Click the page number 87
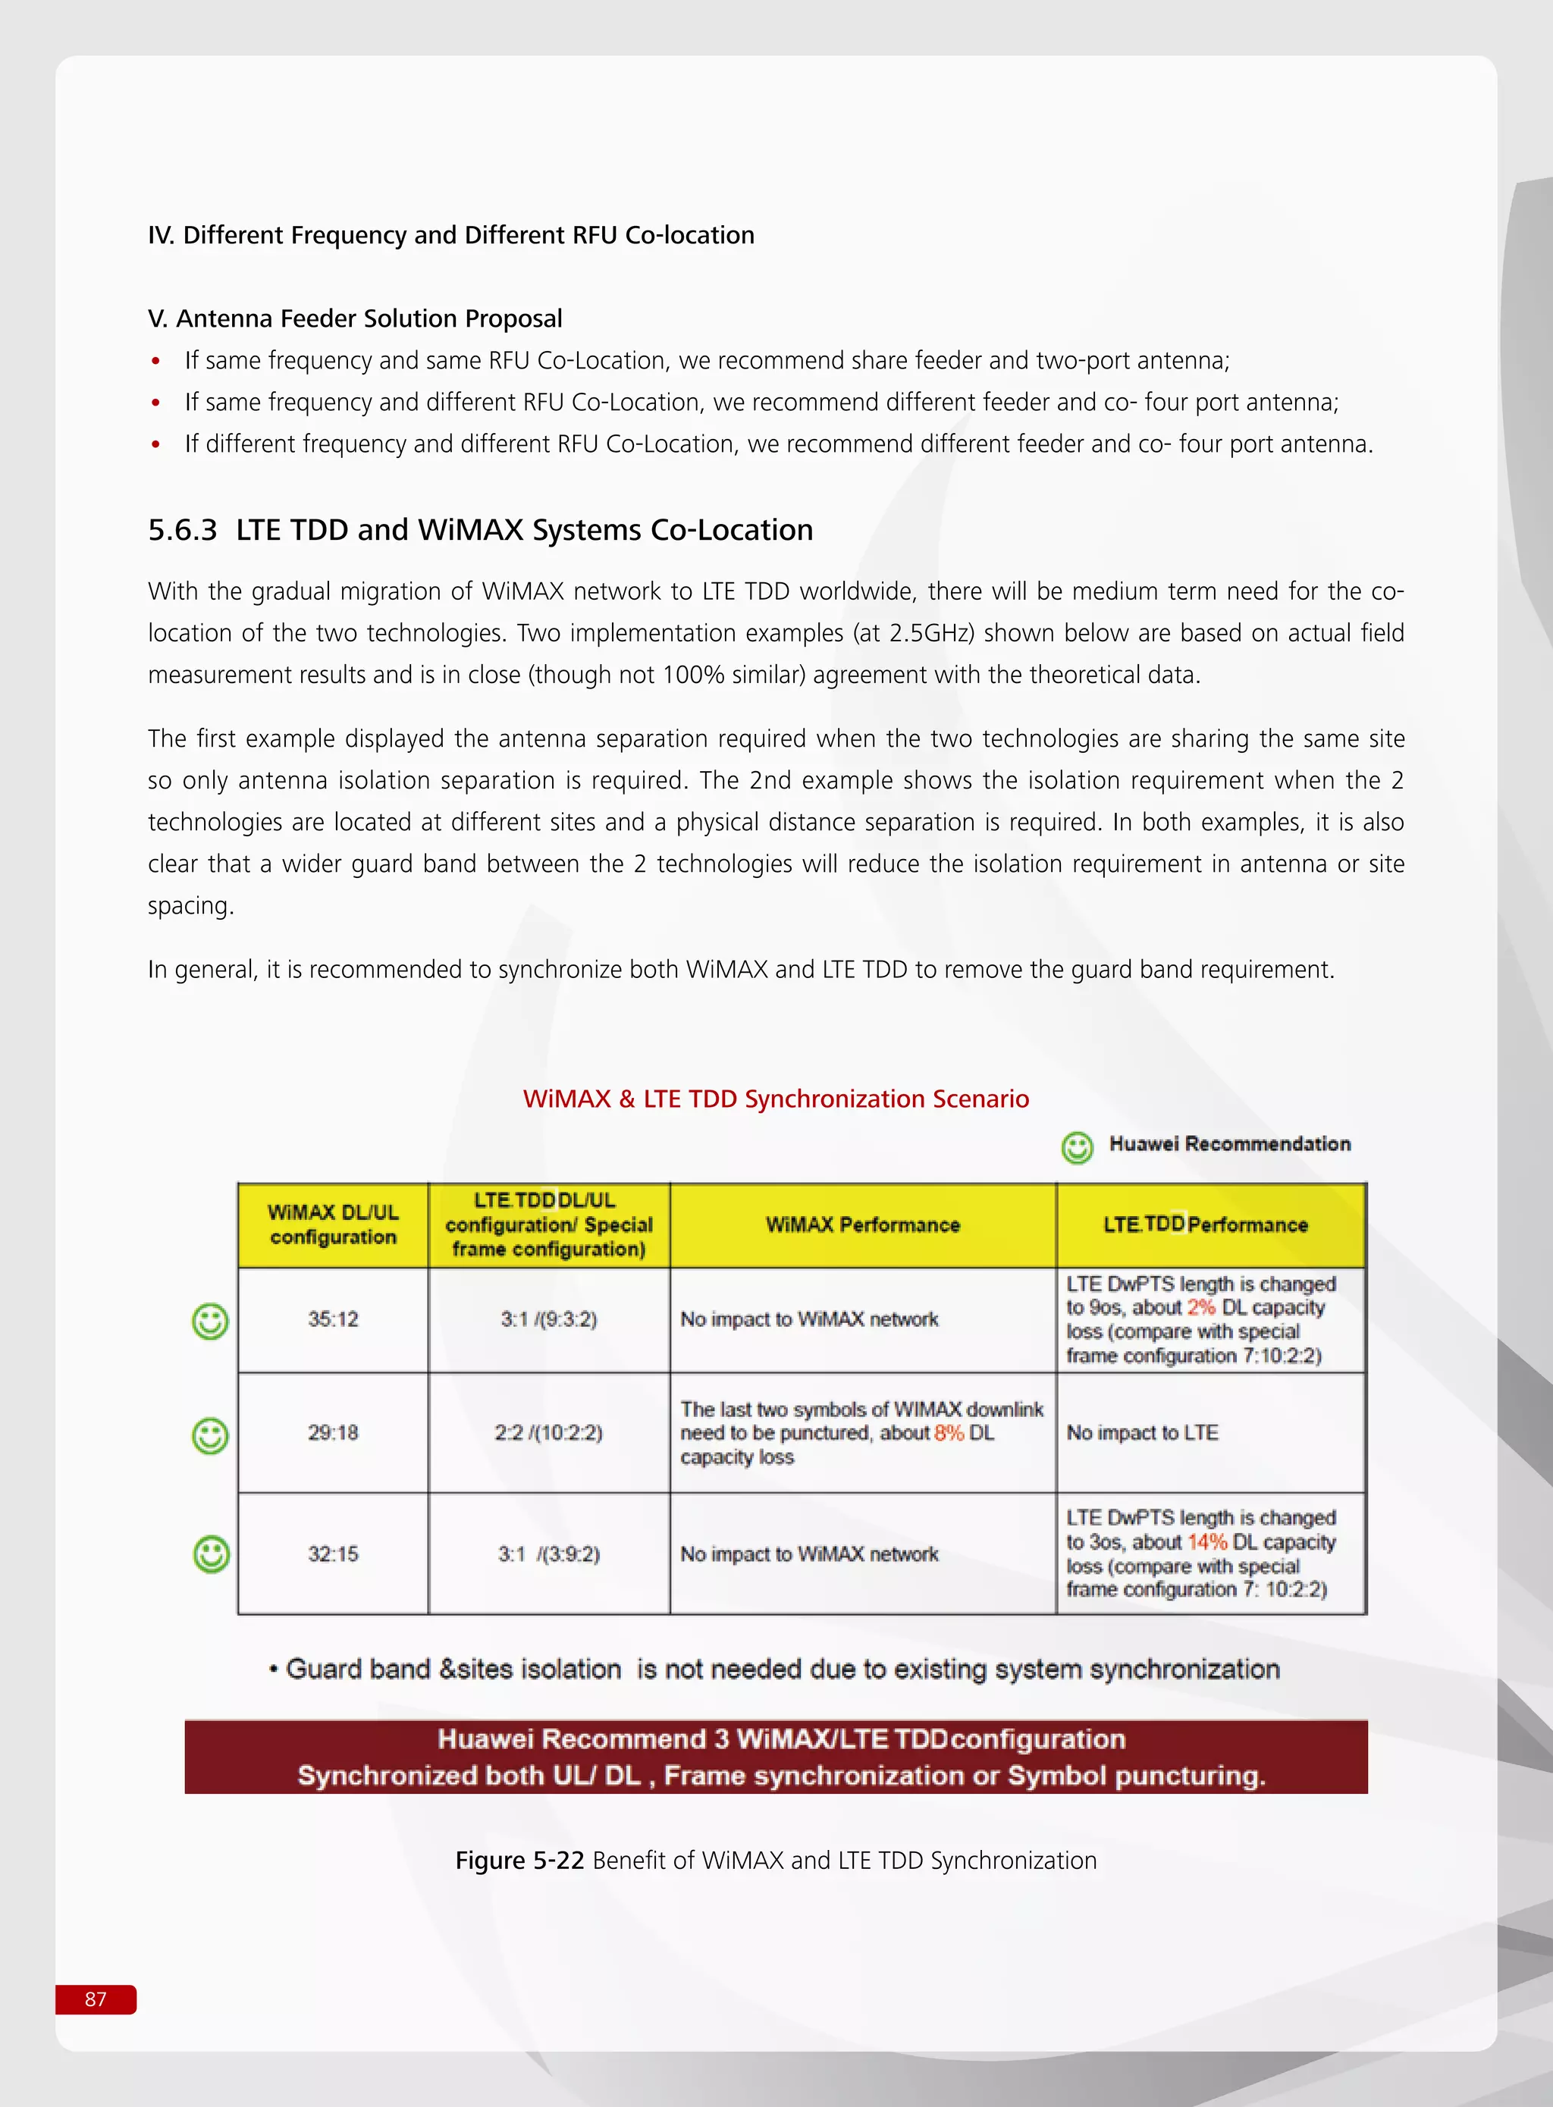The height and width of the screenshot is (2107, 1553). [96, 1999]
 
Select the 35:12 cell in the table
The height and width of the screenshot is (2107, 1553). [333, 1318]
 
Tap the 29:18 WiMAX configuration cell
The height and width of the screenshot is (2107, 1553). [333, 1432]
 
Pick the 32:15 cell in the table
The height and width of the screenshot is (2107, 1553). [333, 1554]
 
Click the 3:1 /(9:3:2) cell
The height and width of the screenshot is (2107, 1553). [549, 1318]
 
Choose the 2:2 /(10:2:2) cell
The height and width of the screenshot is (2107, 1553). [549, 1432]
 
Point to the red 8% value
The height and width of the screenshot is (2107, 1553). [949, 1432]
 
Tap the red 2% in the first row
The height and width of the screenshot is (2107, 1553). [1200, 1307]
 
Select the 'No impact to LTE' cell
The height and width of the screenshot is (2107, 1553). [1142, 1432]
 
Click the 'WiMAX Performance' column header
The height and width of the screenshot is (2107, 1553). [862, 1224]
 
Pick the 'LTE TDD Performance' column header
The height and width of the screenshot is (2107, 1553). [1206, 1224]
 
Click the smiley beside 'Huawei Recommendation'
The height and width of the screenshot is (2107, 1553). [1078, 1146]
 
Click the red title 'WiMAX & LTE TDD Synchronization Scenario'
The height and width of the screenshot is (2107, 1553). [776, 1099]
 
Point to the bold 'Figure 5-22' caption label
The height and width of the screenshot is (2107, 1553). [520, 1860]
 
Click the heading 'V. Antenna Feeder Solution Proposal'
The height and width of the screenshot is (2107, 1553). [356, 318]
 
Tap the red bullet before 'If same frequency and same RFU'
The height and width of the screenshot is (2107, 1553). [156, 362]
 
